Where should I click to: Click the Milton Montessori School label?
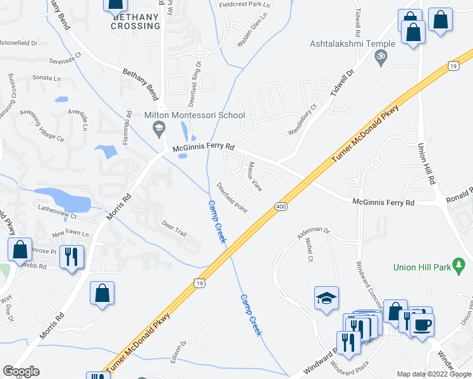[x=194, y=115]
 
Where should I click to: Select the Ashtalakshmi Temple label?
[x=352, y=44]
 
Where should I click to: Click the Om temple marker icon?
[x=380, y=57]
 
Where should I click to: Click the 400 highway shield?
[x=281, y=207]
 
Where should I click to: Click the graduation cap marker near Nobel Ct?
[x=326, y=299]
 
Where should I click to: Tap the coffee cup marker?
[x=422, y=325]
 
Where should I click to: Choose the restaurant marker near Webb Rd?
[x=71, y=256]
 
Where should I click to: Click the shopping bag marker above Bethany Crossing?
[x=116, y=5]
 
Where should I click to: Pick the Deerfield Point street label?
[x=232, y=198]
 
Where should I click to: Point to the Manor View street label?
[x=254, y=176]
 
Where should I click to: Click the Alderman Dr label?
[x=314, y=232]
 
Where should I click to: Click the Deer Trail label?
[x=174, y=229]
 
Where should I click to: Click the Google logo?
[x=21, y=371]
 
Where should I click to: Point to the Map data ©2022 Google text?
[x=434, y=374]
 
